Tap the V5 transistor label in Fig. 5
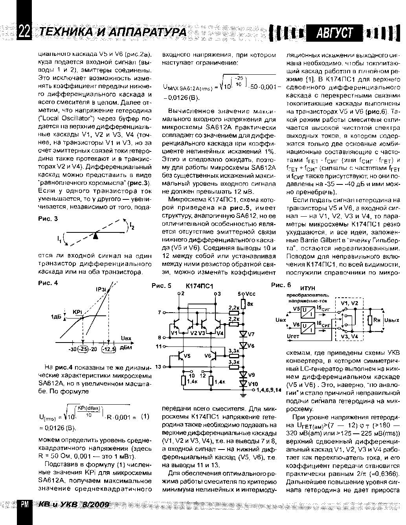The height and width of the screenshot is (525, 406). click(187, 356)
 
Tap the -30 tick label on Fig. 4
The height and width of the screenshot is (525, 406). click(72, 349)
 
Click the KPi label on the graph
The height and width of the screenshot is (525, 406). click(77, 312)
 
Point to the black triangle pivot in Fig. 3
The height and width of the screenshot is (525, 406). click(95, 236)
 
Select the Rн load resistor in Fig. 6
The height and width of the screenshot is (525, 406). click(370, 320)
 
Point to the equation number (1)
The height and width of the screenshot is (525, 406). click(145, 416)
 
